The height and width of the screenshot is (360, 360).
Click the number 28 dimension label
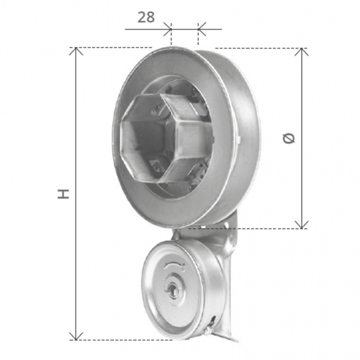coord(147,17)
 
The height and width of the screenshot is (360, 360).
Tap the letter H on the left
coord(63,194)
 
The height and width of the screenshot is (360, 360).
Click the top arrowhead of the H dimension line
coord(77,52)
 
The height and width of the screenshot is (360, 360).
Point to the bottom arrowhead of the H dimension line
coord(77,335)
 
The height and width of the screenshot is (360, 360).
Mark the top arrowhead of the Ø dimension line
coord(302,52)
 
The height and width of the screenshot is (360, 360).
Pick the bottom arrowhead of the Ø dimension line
coord(302,224)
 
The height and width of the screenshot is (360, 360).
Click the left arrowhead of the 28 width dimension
coord(168,28)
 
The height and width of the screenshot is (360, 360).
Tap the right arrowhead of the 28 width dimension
coord(201,28)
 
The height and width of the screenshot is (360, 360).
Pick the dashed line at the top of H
coord(111,48)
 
